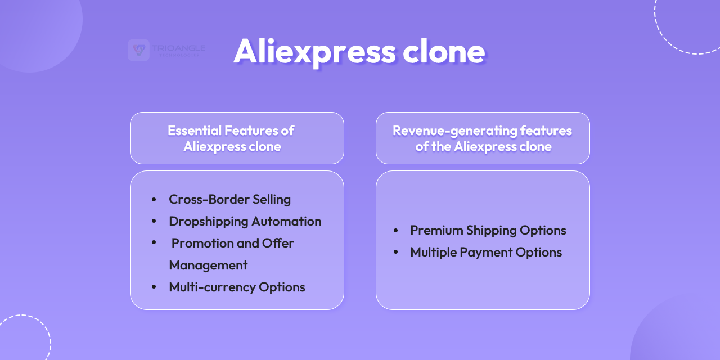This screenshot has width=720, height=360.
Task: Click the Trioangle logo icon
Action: pyautogui.click(x=138, y=50)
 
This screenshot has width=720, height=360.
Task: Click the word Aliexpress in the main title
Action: pyautogui.click(x=314, y=51)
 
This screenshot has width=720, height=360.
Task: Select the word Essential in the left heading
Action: pyautogui.click(x=194, y=130)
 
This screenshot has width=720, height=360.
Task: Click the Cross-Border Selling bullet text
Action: pyautogui.click(x=229, y=199)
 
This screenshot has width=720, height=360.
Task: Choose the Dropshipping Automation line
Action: pyautogui.click(x=245, y=221)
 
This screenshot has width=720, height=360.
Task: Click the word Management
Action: pyautogui.click(x=208, y=265)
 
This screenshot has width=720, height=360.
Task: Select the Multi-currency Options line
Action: pyautogui.click(x=237, y=287)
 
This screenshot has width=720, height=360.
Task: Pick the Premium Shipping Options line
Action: pyautogui.click(x=488, y=230)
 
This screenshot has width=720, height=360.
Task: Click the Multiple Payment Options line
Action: pyautogui.click(x=485, y=252)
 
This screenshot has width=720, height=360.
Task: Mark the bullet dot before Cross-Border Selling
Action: pyautogui.click(x=154, y=200)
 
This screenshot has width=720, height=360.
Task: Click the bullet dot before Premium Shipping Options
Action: pyautogui.click(x=396, y=231)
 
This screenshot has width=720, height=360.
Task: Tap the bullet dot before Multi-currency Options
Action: pyautogui.click(x=154, y=287)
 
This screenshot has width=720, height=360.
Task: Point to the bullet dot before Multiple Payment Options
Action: pyautogui.click(x=396, y=253)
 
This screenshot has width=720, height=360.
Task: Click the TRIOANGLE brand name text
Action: pyautogui.click(x=178, y=48)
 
